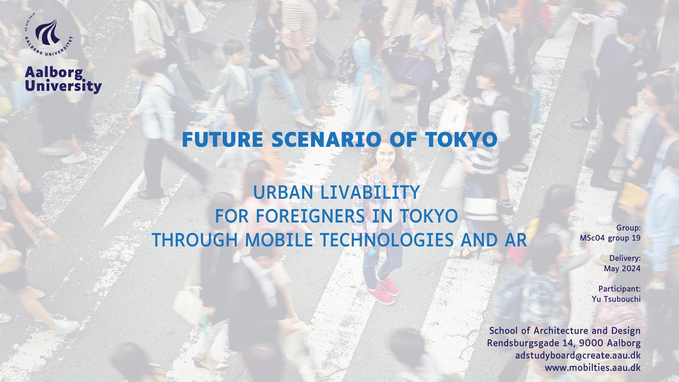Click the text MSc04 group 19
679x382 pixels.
point(610,238)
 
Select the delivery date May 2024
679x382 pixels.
point(622,269)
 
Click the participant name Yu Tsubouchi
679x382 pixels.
point(616,299)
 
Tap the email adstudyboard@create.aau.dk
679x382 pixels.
point(578,355)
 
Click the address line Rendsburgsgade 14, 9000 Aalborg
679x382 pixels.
point(564,343)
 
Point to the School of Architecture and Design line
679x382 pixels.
point(565,331)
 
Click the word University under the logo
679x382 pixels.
point(63,86)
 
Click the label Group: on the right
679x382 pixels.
point(628,228)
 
